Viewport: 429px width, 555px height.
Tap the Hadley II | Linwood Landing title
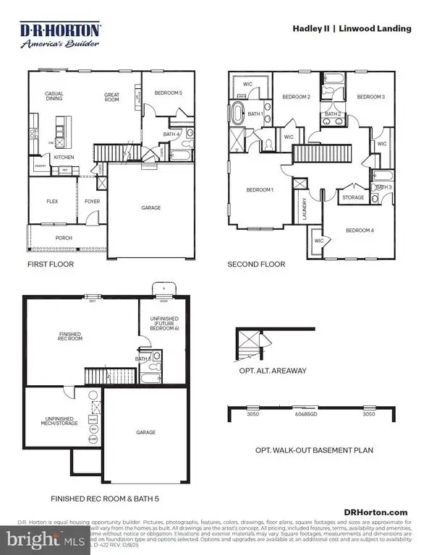(x=352, y=29)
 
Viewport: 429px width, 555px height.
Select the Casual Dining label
(x=54, y=96)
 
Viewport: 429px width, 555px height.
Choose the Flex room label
(x=52, y=202)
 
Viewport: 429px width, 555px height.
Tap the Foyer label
(x=92, y=202)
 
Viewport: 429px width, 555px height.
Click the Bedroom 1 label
(x=260, y=190)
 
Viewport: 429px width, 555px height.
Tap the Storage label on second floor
(x=353, y=197)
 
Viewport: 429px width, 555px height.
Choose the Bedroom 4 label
(x=360, y=231)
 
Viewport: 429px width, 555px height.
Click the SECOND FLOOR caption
(x=256, y=264)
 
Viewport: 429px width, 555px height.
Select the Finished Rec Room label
(x=71, y=335)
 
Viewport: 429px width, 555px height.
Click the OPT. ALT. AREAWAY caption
(x=273, y=371)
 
